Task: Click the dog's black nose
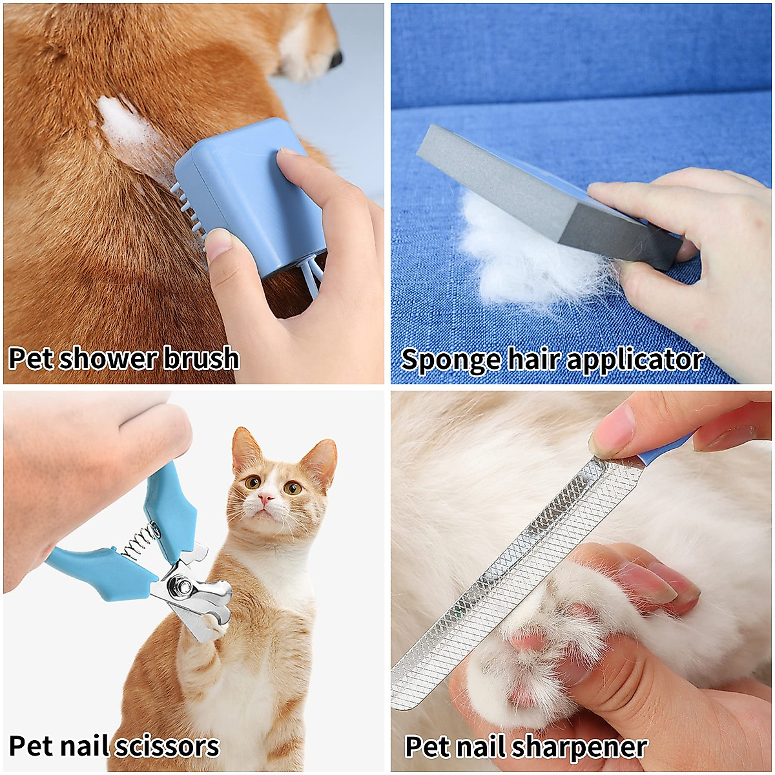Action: [336, 60]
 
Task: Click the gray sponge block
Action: [549, 194]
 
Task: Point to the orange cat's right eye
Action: [253, 481]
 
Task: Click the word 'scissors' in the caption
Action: [167, 746]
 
